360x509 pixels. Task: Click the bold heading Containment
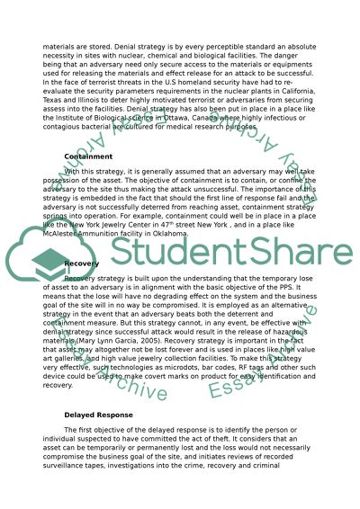pos(88,156)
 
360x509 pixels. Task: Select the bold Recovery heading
pos(83,263)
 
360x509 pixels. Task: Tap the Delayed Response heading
pos(98,415)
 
